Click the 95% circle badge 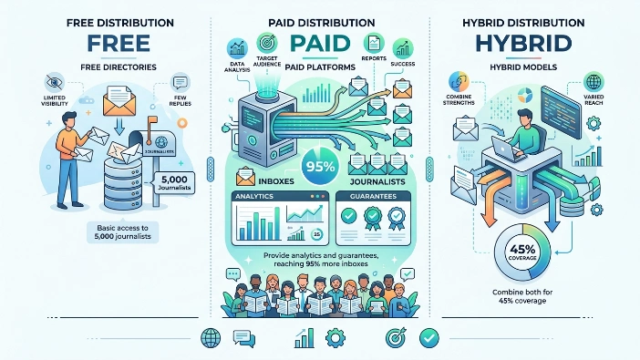320,167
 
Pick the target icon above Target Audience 267,41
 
